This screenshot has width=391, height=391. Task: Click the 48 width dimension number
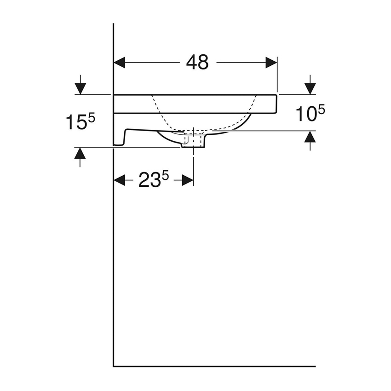click(x=197, y=62)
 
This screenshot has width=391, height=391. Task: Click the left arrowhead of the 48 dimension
click(x=120, y=62)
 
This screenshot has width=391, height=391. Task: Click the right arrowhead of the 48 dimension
click(x=271, y=62)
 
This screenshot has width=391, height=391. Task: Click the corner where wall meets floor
click(x=114, y=367)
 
